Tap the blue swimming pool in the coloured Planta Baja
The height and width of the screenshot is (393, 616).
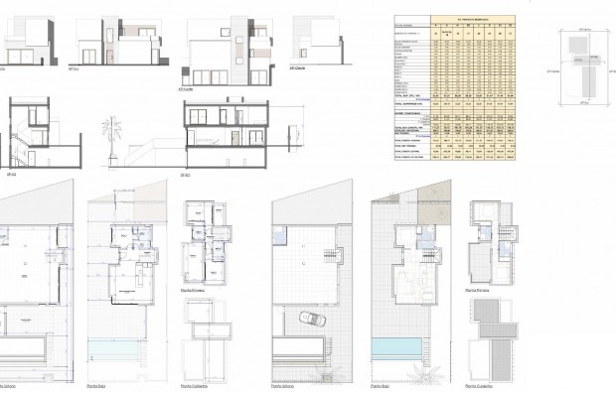[x=398, y=346]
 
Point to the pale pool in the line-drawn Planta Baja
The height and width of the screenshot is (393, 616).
[x=118, y=346]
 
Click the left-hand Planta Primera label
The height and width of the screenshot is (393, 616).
[x=193, y=290]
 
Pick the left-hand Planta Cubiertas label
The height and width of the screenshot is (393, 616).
[x=195, y=385]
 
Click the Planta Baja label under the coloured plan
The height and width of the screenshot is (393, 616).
[x=382, y=385]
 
